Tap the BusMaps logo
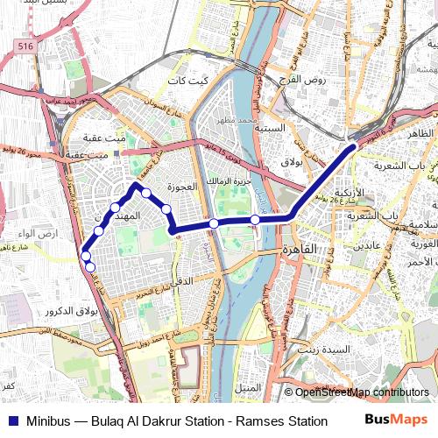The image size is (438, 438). click(396, 420)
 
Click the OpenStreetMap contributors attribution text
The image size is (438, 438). click(362, 392)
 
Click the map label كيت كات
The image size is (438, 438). click(191, 80)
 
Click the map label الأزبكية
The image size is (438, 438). click(349, 193)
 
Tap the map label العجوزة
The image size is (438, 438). click(187, 187)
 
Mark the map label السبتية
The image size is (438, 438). click(269, 128)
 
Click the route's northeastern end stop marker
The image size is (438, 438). click(353, 147)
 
